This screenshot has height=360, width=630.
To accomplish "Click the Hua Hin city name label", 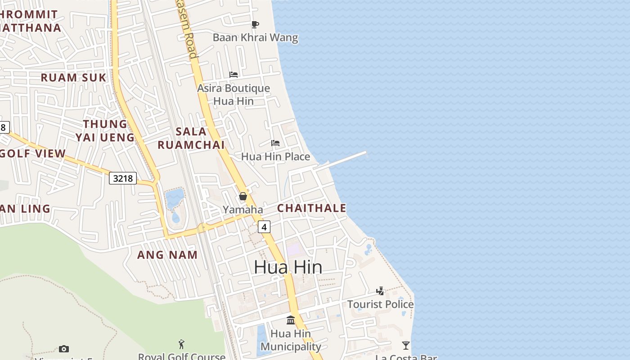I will click(288, 267).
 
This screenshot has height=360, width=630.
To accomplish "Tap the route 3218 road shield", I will click(123, 178).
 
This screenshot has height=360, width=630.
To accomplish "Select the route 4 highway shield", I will click(264, 227).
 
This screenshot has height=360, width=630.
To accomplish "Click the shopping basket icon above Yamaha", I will click(243, 196).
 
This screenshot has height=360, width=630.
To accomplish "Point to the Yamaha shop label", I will click(243, 210).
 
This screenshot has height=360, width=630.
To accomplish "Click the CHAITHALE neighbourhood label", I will click(311, 208).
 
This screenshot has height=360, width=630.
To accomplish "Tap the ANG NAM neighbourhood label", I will click(167, 255).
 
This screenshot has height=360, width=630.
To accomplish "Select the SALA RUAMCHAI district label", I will click(191, 138).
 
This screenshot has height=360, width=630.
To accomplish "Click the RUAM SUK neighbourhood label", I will click(73, 77).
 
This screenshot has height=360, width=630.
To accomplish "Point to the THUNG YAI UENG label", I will click(105, 130).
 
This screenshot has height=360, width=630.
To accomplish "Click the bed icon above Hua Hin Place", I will click(275, 143).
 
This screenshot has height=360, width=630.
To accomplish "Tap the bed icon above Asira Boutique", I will click(234, 74).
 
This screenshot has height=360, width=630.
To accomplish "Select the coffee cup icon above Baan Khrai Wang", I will click(255, 24).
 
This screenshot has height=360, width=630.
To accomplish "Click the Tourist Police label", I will click(380, 304).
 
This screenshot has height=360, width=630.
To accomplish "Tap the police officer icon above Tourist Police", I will click(380, 291).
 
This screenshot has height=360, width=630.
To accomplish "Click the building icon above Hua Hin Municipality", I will click(291, 320).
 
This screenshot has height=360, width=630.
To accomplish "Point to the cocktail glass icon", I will click(406, 345).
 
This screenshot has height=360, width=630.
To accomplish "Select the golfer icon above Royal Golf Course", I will click(181, 344).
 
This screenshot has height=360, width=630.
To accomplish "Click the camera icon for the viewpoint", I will click(64, 349).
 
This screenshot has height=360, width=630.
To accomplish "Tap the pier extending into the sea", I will click(346, 159).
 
